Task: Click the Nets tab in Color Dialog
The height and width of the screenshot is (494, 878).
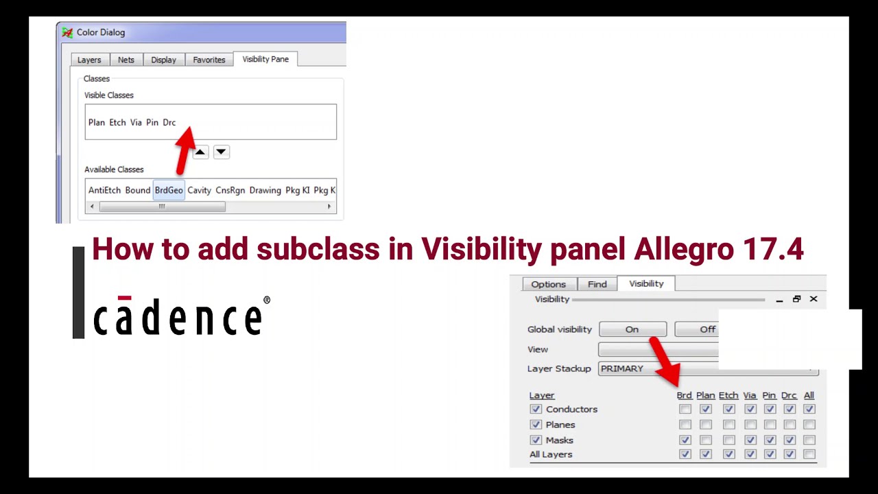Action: tap(126, 60)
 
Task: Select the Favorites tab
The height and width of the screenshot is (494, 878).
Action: tap(209, 60)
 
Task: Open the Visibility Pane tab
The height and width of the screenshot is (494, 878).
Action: tap(265, 59)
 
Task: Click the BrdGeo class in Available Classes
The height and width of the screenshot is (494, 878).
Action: tap(169, 190)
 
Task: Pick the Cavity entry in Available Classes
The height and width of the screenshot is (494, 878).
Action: tap(200, 190)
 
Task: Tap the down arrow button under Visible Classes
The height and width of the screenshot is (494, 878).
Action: tap(221, 152)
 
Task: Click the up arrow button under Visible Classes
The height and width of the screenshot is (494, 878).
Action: tap(200, 152)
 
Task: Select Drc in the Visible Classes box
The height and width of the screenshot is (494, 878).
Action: tap(169, 122)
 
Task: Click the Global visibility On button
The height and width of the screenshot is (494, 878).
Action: tap(632, 329)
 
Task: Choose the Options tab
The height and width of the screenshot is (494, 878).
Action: tap(549, 284)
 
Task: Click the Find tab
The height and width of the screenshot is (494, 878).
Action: tap(597, 284)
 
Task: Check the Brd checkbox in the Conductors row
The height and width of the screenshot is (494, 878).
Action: tap(685, 409)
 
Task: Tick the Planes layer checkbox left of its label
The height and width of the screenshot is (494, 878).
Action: tap(536, 425)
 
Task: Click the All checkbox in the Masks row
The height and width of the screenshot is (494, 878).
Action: tap(809, 440)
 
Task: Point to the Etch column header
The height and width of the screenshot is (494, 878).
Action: tap(728, 395)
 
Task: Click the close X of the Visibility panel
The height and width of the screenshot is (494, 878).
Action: tap(814, 299)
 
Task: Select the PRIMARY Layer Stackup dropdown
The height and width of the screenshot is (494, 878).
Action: tap(707, 368)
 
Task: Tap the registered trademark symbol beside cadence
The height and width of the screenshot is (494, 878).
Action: tap(267, 301)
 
